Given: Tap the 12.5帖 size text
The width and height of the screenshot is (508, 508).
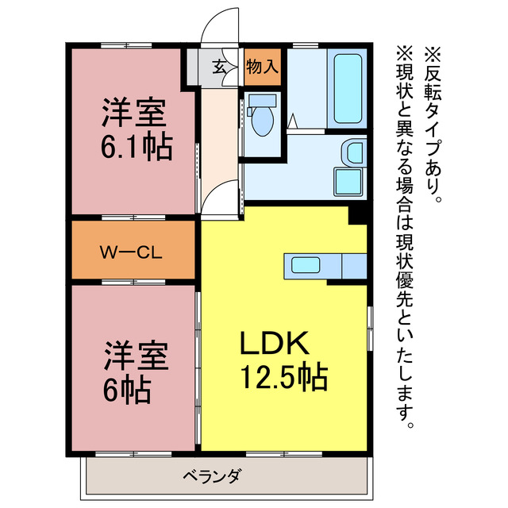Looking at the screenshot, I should coord(283,379).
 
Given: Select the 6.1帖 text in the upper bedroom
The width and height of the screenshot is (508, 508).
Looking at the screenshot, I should coord(136,148).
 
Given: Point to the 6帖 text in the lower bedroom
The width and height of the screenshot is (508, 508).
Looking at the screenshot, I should coord(126,389).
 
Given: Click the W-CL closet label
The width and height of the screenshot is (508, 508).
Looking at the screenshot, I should coord(131,253).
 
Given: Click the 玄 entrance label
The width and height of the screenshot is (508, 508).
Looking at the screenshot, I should coord(219,67).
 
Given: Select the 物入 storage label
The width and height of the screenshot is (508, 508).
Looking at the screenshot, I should coord(262,67).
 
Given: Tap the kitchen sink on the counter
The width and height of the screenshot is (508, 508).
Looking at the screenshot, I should coord(302,265).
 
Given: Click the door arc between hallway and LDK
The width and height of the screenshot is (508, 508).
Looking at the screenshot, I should coord(222,197).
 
